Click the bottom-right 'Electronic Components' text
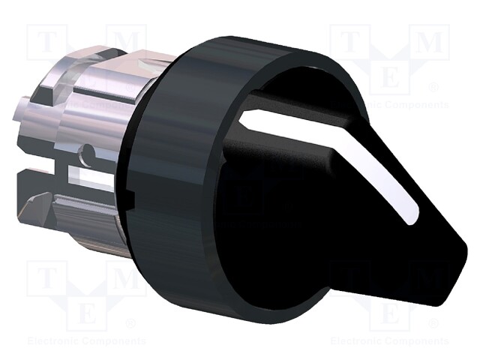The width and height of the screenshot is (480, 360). click(x=391, y=340)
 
